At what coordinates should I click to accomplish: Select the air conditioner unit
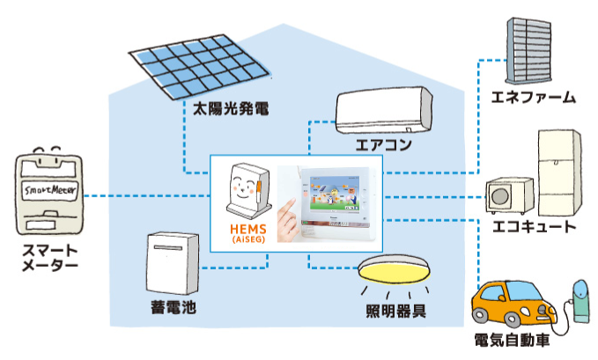pyautogui.click(x=384, y=110)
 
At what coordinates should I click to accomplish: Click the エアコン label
pyautogui.click(x=383, y=143)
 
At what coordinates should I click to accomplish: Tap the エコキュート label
pyautogui.click(x=534, y=227)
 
